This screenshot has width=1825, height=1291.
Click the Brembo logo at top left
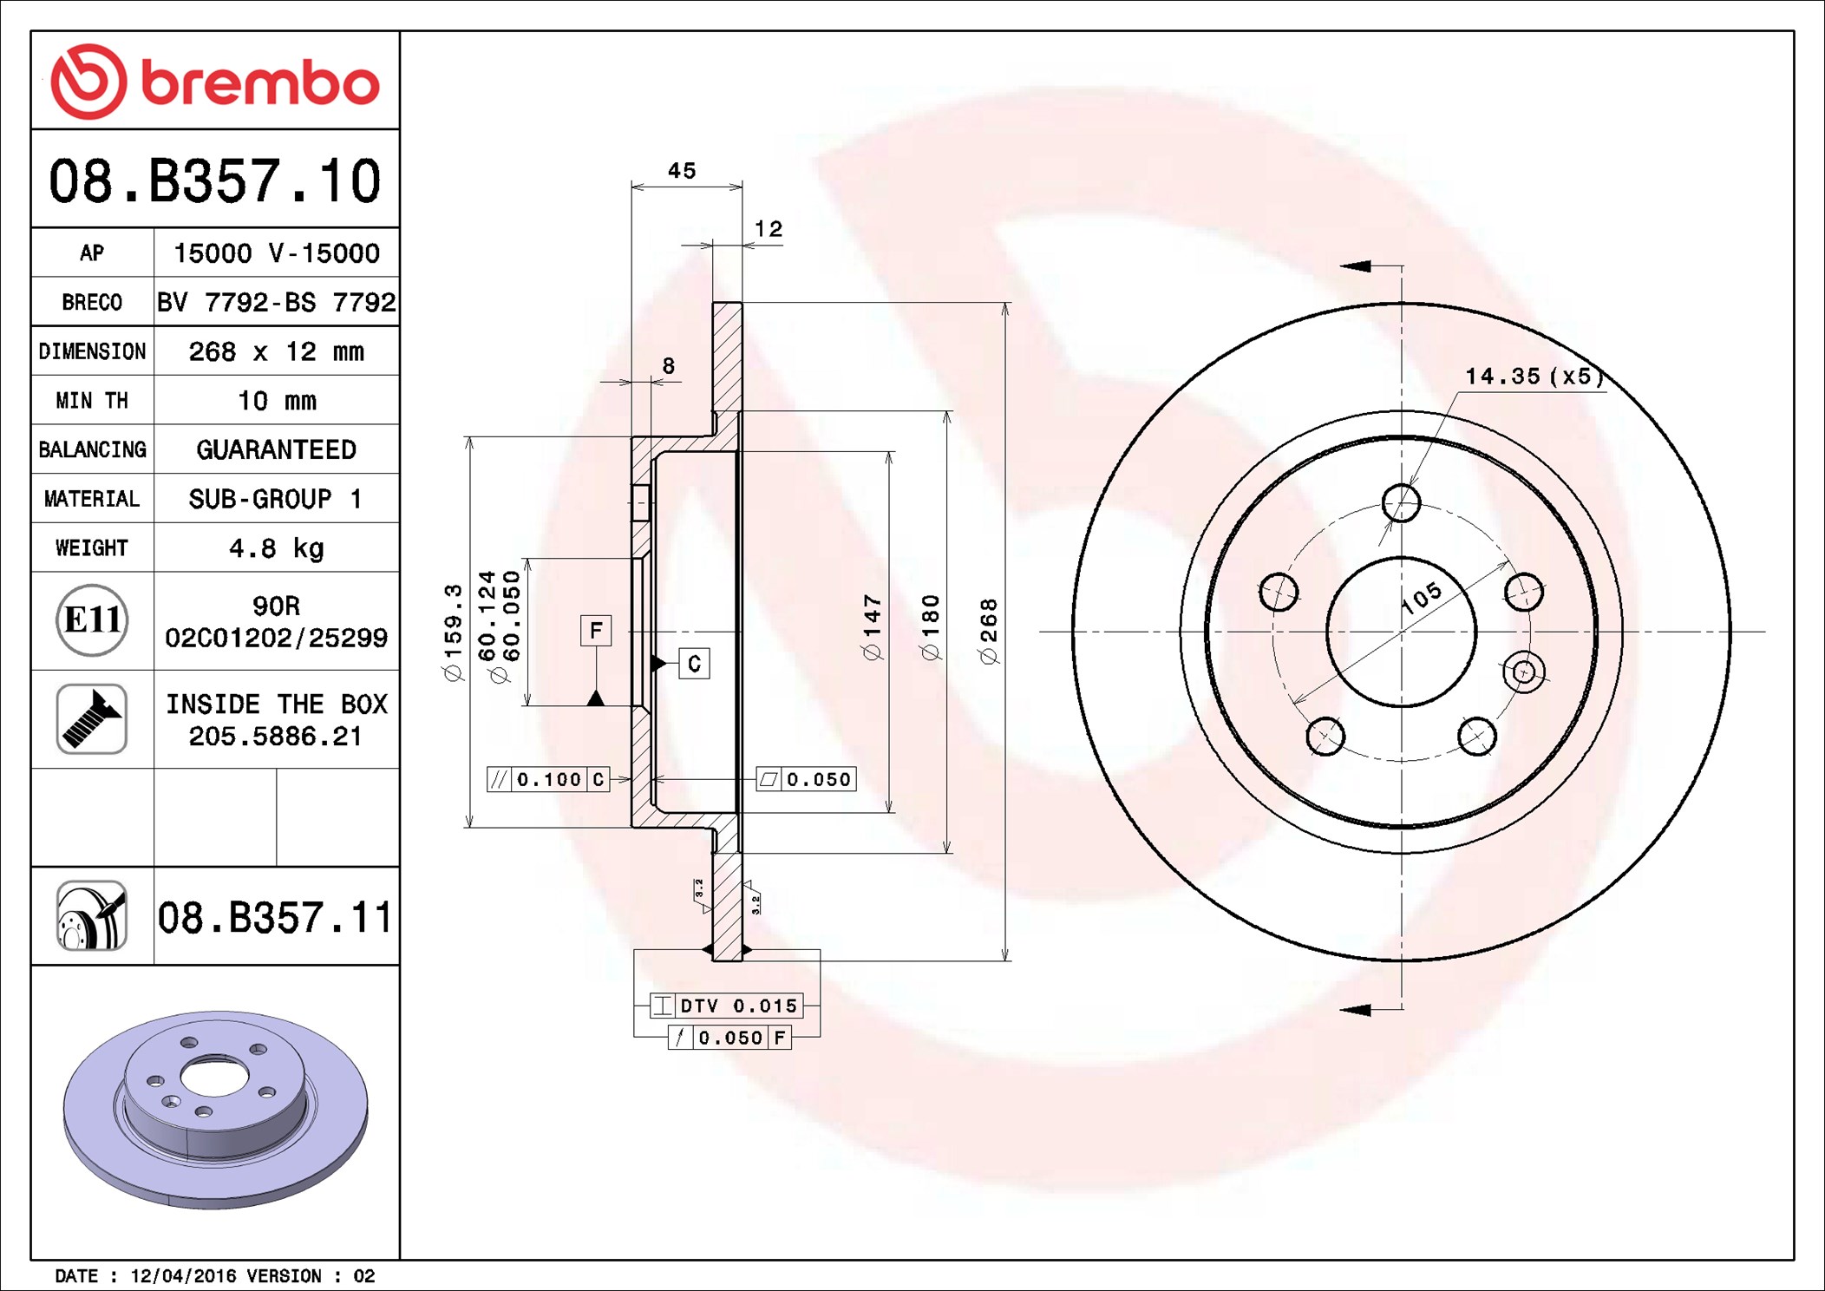point(215,82)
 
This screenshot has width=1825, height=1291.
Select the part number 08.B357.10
point(214,181)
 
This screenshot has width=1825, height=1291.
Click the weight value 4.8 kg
point(276,548)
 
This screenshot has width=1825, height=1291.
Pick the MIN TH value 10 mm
point(277,401)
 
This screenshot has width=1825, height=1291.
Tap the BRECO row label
point(92,303)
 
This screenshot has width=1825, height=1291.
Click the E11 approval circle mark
point(92,619)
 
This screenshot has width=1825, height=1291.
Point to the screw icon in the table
point(92,718)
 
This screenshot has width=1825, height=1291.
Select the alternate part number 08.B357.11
point(275,918)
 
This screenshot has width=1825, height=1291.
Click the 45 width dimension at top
point(682,171)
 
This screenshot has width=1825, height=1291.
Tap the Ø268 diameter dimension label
point(989,632)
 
